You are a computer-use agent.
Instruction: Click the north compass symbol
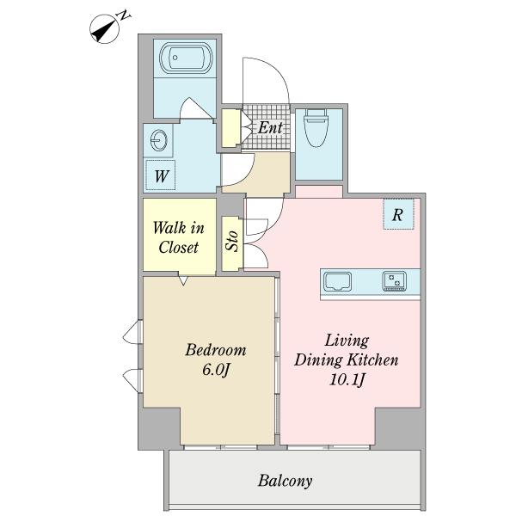[105, 29]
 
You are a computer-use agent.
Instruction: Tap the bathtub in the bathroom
[185, 58]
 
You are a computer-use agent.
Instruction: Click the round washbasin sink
[159, 141]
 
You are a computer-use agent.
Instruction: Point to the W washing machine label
[162, 176]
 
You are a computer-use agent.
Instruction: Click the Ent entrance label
[270, 127]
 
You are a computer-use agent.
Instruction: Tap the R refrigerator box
[398, 214]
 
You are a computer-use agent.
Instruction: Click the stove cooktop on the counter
[394, 281]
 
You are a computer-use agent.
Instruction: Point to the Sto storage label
[233, 241]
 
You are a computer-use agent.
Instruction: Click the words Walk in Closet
[179, 237]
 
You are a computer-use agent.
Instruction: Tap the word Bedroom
[216, 350]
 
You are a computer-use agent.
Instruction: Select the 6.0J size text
[216, 370]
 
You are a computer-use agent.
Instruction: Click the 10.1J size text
[347, 380]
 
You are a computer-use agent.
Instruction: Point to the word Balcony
[285, 481]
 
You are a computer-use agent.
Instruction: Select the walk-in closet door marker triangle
[183, 280]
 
